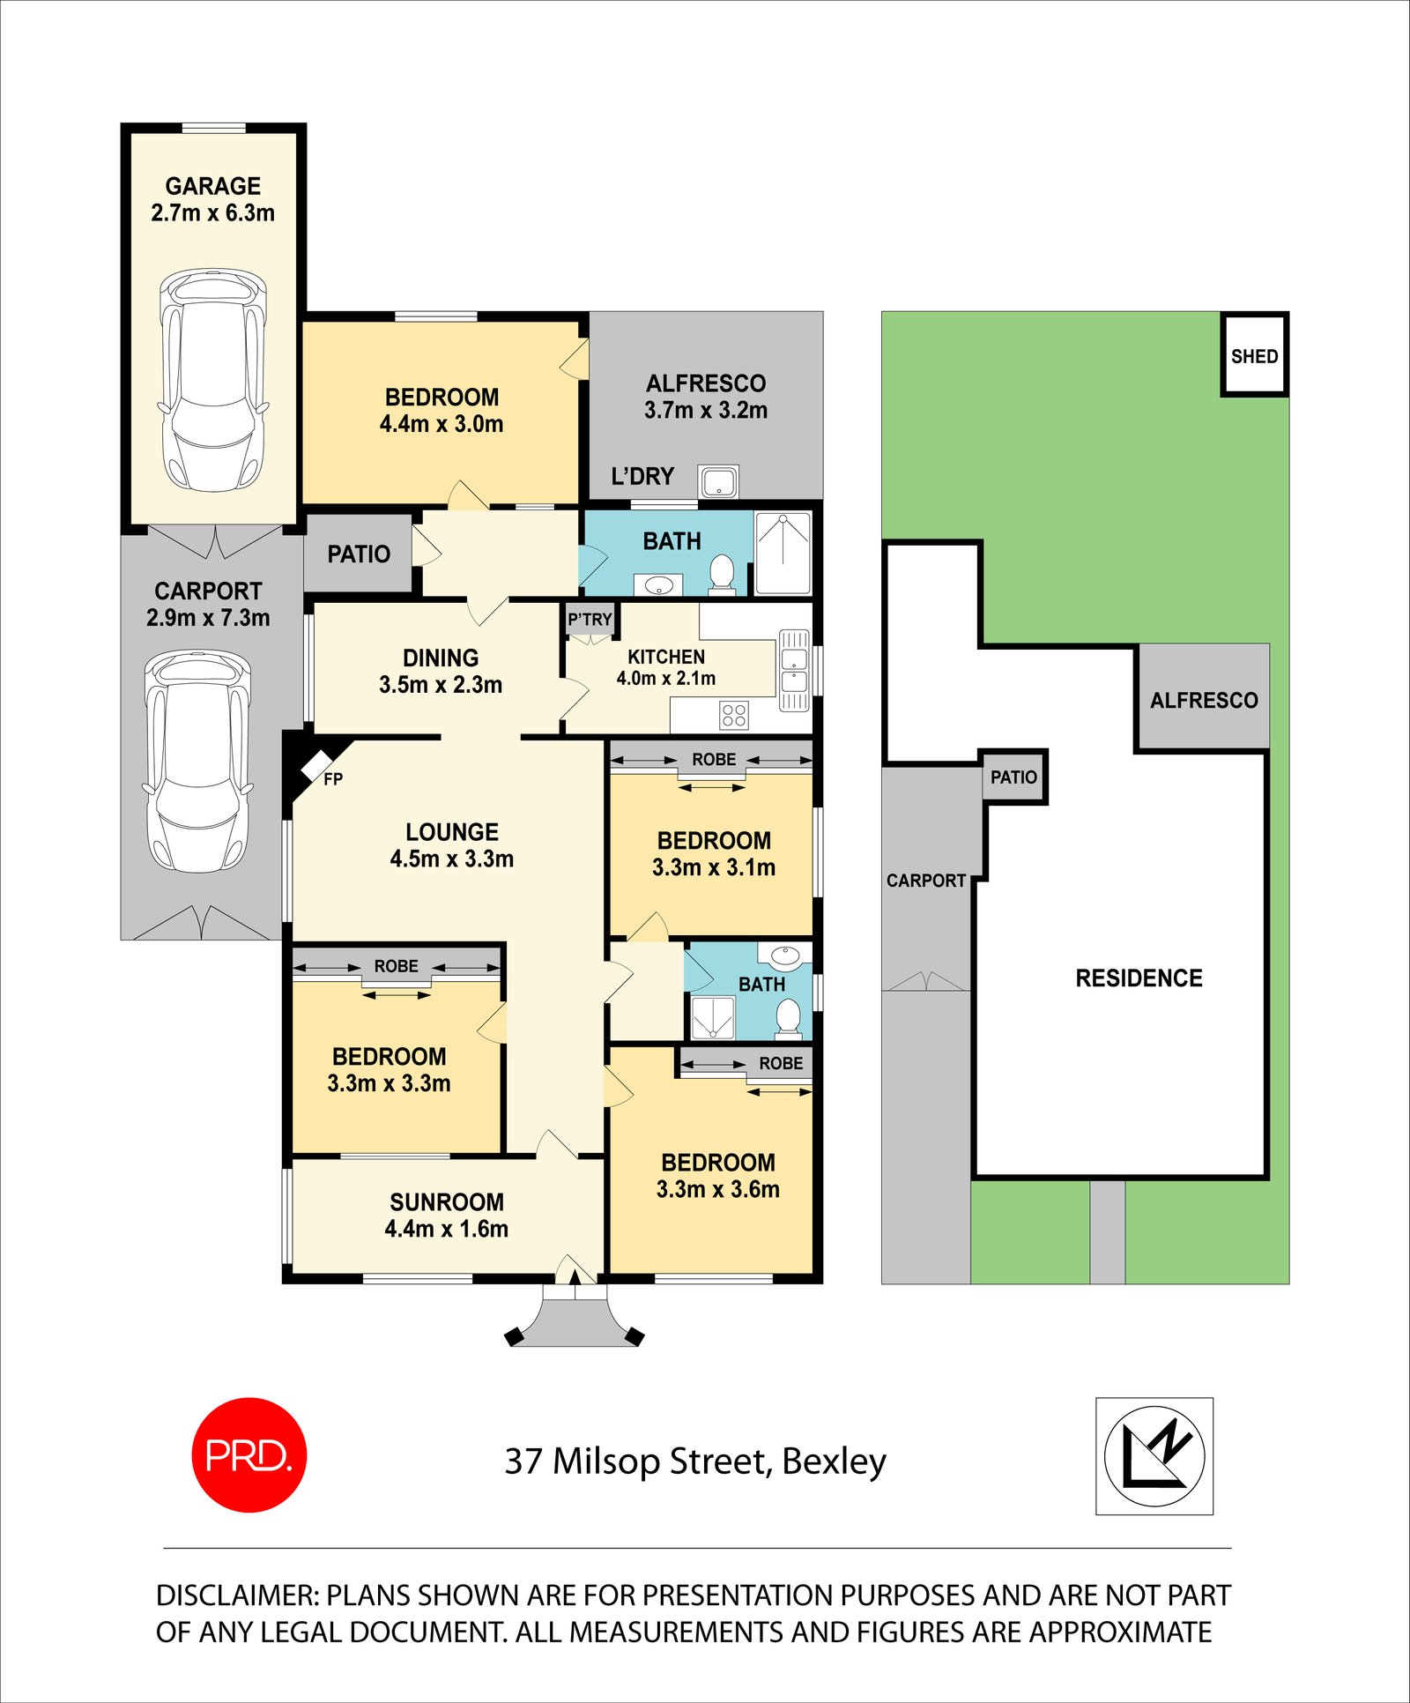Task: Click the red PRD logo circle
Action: pyautogui.click(x=249, y=1456)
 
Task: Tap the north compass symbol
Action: pyautogui.click(x=1154, y=1457)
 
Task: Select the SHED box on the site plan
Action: pyautogui.click(x=1254, y=355)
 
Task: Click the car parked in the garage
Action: pyautogui.click(x=212, y=380)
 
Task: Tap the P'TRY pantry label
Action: pyautogui.click(x=590, y=620)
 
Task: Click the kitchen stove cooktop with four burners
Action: pyautogui.click(x=734, y=715)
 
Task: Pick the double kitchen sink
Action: pyautogui.click(x=793, y=670)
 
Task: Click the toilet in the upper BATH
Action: pyautogui.click(x=722, y=573)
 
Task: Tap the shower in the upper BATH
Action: pyautogui.click(x=783, y=554)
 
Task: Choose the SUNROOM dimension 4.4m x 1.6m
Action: pyautogui.click(x=446, y=1229)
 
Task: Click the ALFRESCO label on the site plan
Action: pyautogui.click(x=1204, y=700)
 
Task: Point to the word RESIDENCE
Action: pyautogui.click(x=1139, y=978)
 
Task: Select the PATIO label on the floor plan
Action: pyautogui.click(x=359, y=554)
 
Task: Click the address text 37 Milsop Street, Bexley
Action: pyautogui.click(x=695, y=1461)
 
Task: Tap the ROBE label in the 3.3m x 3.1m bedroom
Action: pyautogui.click(x=713, y=759)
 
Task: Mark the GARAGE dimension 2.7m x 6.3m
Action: pyautogui.click(x=212, y=212)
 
